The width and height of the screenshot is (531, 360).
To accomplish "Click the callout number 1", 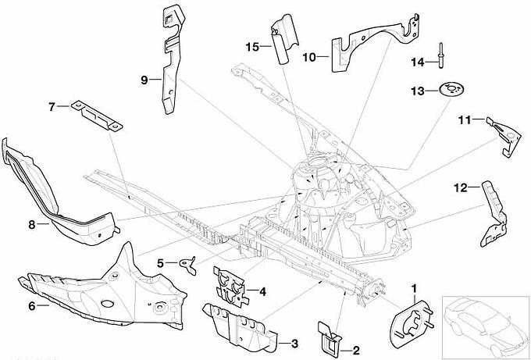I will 414,290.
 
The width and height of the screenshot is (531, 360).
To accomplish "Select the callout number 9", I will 144,80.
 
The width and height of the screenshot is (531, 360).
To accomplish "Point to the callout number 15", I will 251,47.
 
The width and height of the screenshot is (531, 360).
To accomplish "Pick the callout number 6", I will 32,306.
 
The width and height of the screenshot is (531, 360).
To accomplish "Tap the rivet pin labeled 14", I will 441,55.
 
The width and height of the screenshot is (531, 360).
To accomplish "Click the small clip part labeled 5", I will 186,262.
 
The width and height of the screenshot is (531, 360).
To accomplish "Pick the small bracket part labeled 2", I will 329,337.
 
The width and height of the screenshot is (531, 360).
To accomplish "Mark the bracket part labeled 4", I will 233,285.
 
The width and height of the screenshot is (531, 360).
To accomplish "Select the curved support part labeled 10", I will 367,43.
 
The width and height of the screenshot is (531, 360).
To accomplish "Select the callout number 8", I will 32,225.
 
